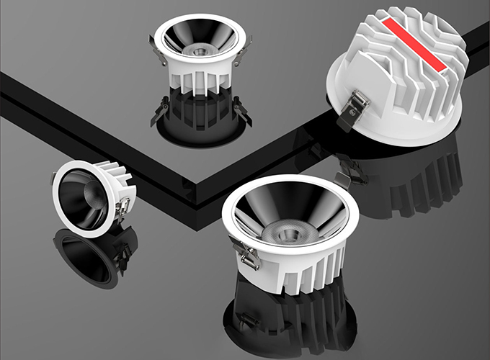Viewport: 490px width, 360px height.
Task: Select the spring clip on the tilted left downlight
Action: pyautogui.click(x=127, y=205)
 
